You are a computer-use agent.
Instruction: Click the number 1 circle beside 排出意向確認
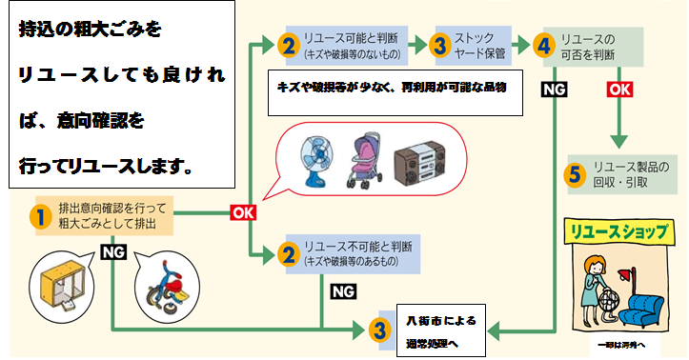pos(39,215)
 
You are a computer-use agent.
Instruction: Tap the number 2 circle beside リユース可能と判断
pos(287,45)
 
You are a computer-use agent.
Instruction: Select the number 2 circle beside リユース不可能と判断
pos(287,253)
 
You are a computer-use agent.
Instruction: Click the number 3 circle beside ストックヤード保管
pos(440,45)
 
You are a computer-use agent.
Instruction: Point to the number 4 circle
pos(543,45)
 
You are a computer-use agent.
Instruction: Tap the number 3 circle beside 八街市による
pos(380,330)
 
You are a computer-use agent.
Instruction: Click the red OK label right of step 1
pos(243,212)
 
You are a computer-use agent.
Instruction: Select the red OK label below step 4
pos(619,89)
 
